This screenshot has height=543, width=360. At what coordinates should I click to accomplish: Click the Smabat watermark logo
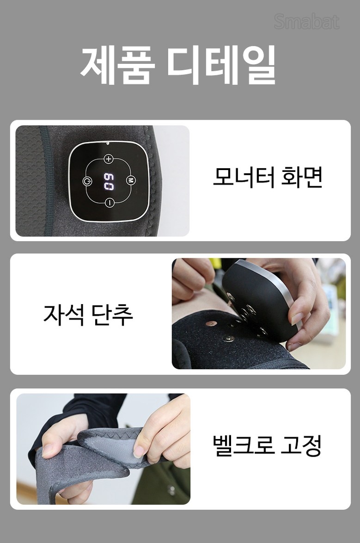306,22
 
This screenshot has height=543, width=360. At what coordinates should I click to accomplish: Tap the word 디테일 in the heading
221,64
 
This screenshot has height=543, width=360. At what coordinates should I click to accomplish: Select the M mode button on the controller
130,180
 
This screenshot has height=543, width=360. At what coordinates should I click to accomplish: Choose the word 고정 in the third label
301,445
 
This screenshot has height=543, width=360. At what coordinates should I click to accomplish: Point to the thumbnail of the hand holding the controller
259,313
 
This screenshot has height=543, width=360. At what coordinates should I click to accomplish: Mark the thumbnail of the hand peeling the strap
103,449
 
